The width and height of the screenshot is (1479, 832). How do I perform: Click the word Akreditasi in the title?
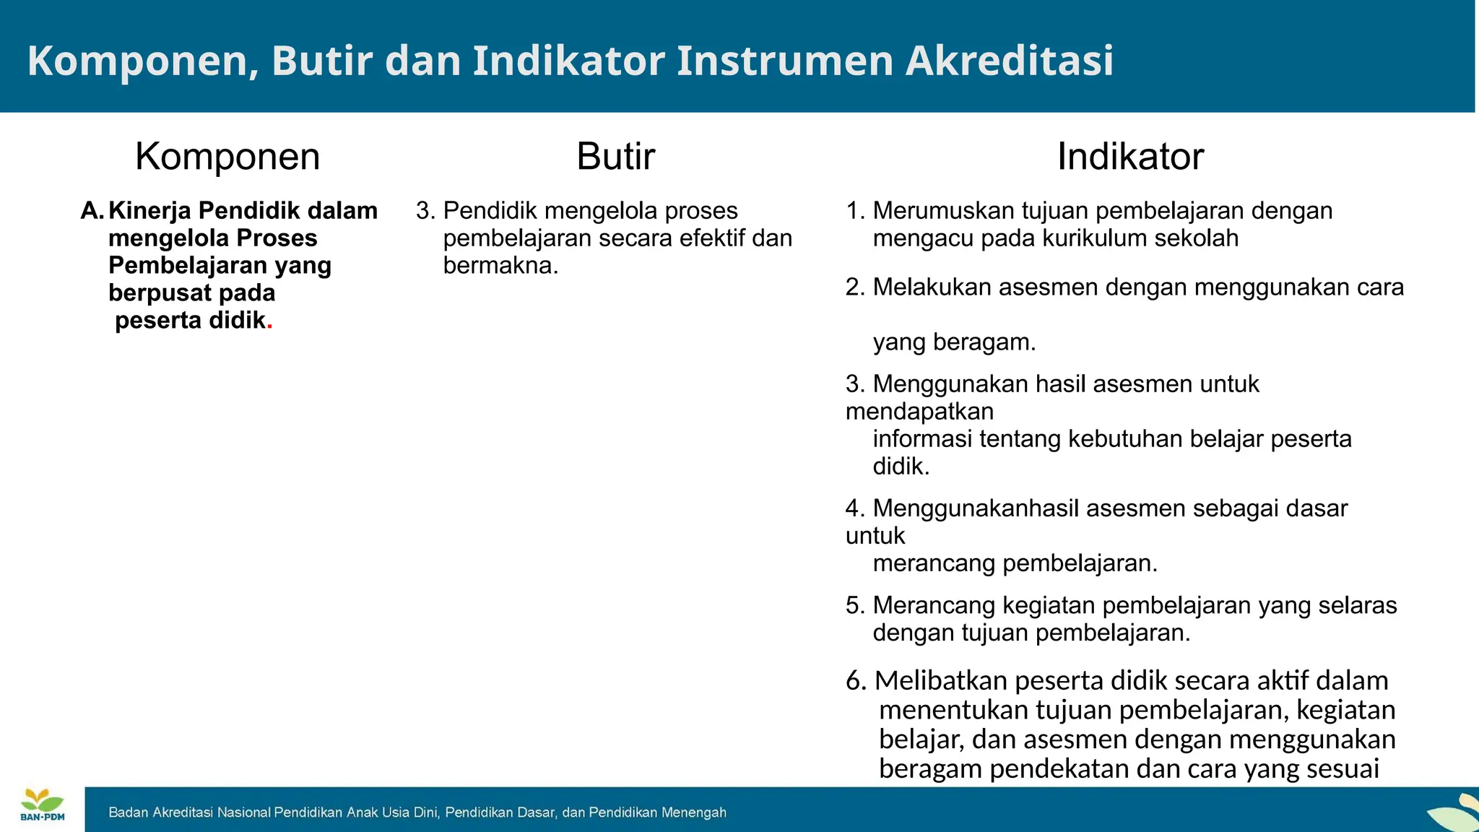click(x=1009, y=61)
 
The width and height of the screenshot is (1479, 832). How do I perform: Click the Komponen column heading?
click(x=227, y=157)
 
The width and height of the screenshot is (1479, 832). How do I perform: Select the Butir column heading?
click(x=615, y=157)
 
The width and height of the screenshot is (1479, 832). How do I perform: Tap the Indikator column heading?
click(x=1130, y=157)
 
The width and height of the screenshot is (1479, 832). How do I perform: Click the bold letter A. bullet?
click(x=92, y=211)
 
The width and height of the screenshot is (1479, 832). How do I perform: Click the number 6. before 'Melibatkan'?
click(x=856, y=681)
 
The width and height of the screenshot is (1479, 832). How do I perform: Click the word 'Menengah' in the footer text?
click(x=694, y=812)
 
